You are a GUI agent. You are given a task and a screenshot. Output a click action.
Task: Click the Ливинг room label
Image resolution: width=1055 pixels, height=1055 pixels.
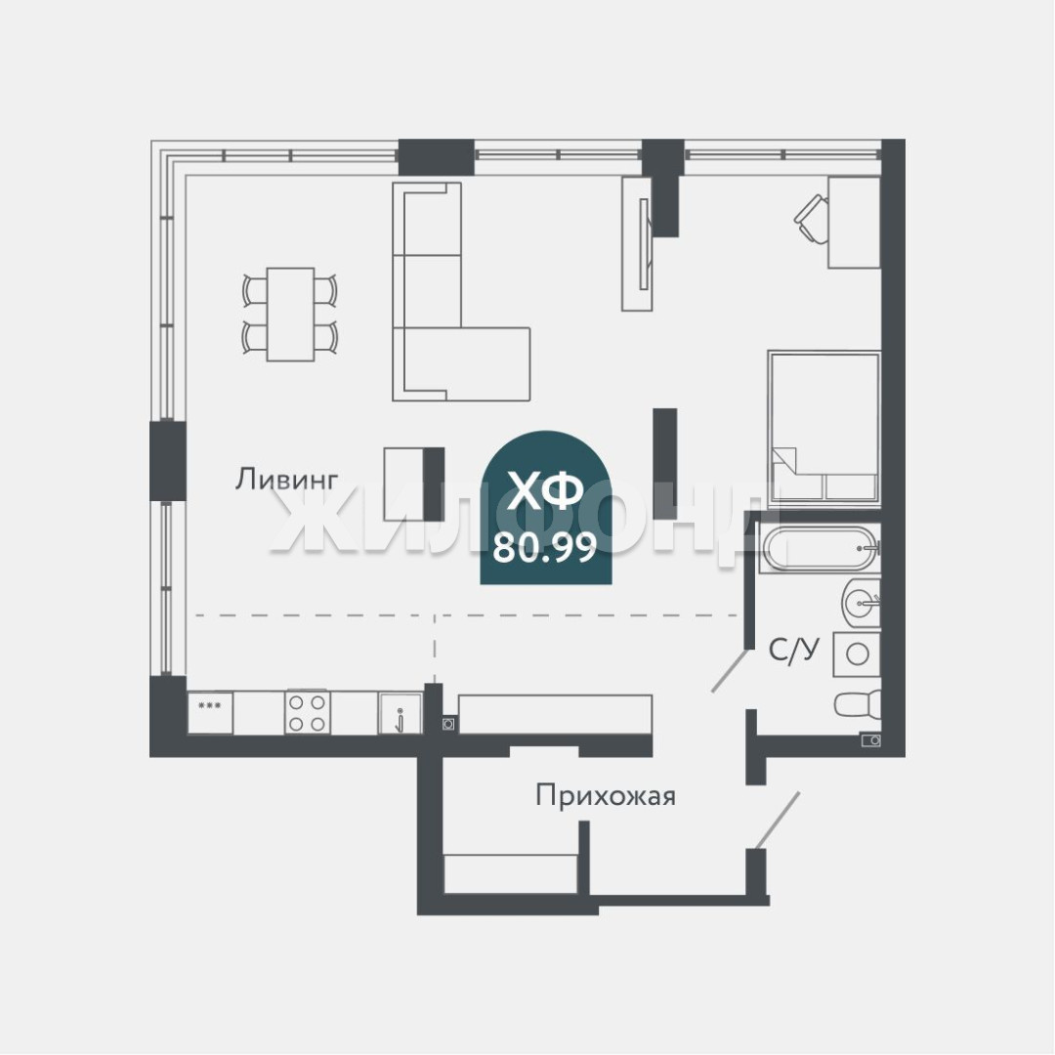pyautogui.click(x=286, y=479)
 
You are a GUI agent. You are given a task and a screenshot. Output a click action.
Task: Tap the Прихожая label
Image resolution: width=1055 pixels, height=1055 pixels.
pyautogui.click(x=606, y=796)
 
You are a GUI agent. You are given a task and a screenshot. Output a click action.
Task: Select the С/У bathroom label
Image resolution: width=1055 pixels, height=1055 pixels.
pyautogui.click(x=794, y=651)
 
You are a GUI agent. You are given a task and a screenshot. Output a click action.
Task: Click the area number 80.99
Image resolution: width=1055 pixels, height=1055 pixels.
pyautogui.click(x=545, y=548)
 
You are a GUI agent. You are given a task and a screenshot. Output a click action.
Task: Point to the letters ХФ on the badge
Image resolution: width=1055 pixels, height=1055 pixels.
pyautogui.click(x=545, y=490)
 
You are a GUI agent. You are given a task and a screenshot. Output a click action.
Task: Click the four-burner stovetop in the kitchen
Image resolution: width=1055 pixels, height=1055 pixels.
pyautogui.click(x=308, y=712)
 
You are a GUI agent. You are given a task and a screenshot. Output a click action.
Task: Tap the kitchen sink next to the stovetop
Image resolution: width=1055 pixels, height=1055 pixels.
pyautogui.click(x=400, y=713)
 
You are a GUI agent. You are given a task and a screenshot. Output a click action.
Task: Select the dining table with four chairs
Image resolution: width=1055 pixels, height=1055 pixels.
pyautogui.click(x=290, y=315)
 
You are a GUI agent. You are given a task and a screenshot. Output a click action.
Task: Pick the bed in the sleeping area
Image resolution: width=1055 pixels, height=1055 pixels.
pyautogui.click(x=824, y=426)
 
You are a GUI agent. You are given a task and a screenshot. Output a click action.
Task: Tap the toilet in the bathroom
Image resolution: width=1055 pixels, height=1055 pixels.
pyautogui.click(x=858, y=704)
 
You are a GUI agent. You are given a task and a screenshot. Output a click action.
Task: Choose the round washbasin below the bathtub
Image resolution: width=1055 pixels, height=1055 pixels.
pyautogui.click(x=862, y=602)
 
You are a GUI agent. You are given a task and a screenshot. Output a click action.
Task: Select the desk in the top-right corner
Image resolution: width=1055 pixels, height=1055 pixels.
pyautogui.click(x=854, y=223)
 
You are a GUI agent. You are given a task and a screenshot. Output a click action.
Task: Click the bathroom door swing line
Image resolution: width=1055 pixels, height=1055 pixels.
pyautogui.click(x=730, y=670)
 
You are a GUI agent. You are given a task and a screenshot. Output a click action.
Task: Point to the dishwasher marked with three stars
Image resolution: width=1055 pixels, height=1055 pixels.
pyautogui.click(x=210, y=713)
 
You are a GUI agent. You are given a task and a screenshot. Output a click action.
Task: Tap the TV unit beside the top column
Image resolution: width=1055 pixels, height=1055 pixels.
pyautogui.click(x=637, y=243)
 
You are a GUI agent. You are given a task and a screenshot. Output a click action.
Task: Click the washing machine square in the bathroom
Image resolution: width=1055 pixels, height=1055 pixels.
pyautogui.click(x=857, y=654)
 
